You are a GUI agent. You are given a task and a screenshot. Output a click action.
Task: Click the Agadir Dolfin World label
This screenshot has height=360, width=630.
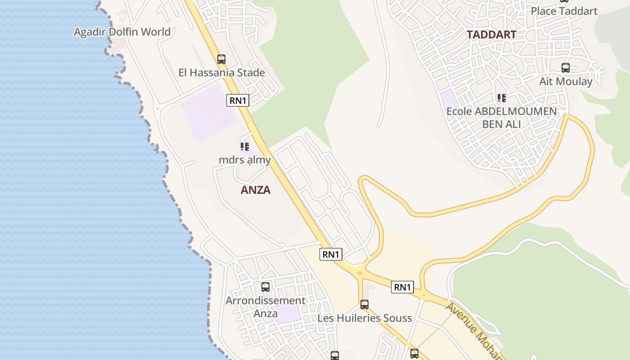point(122,32)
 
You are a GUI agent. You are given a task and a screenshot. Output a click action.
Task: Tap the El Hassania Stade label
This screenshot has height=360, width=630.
point(221,72)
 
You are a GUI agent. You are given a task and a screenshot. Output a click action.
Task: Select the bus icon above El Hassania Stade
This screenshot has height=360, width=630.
point(221,59)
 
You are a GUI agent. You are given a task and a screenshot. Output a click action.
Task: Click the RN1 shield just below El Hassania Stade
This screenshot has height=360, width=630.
point(238,100)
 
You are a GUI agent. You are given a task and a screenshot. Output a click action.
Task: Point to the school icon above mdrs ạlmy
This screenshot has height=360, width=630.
point(244,146)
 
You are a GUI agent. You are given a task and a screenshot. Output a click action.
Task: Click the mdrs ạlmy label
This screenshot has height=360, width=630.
point(245,160)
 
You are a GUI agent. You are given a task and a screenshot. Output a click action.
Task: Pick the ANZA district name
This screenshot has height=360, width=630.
point(256,190)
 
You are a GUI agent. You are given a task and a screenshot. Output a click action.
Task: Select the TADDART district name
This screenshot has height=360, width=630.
point(491,35)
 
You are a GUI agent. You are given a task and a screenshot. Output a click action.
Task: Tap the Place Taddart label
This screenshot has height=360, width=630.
point(564,11)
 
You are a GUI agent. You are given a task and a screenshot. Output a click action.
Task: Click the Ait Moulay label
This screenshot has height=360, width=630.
point(566,81)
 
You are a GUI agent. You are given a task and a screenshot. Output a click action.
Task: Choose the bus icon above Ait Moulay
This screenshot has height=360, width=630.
point(566,68)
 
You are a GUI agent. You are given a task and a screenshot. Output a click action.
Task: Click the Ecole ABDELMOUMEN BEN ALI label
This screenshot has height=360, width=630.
point(501,117)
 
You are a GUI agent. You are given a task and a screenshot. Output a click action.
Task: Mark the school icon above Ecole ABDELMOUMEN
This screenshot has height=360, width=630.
point(501,98)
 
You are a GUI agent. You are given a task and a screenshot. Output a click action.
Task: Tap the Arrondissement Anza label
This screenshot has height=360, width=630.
point(265,306)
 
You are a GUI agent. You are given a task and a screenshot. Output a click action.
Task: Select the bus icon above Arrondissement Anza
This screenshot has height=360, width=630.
point(265,287)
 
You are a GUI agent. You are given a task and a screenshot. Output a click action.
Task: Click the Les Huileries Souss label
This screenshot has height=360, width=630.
point(364,318)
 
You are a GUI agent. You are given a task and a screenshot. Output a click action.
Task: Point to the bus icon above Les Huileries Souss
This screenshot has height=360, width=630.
point(364,305)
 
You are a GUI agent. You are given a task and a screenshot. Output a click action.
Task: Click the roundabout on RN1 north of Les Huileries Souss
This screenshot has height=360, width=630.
point(360,273)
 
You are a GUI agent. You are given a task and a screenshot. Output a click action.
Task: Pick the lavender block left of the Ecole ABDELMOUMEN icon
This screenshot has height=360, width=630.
point(449,99)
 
